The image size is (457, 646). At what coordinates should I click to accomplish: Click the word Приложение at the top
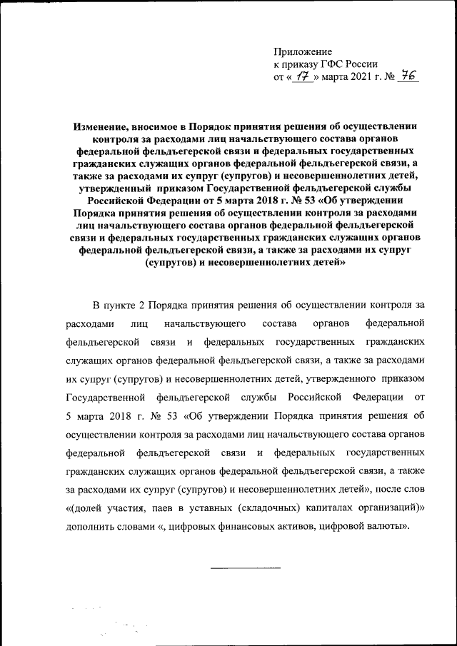[303, 51]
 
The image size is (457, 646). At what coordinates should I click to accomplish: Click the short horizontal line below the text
[245, 567]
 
